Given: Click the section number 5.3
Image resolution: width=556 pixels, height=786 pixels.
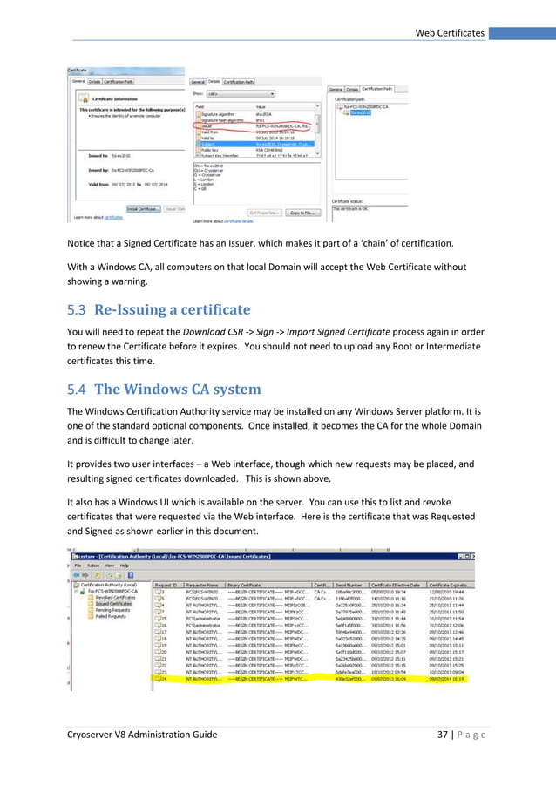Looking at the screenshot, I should tap(77, 309).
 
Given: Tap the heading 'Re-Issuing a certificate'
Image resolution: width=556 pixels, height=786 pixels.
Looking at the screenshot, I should tap(172, 309).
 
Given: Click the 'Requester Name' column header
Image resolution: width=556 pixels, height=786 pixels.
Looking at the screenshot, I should tap(203, 584).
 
